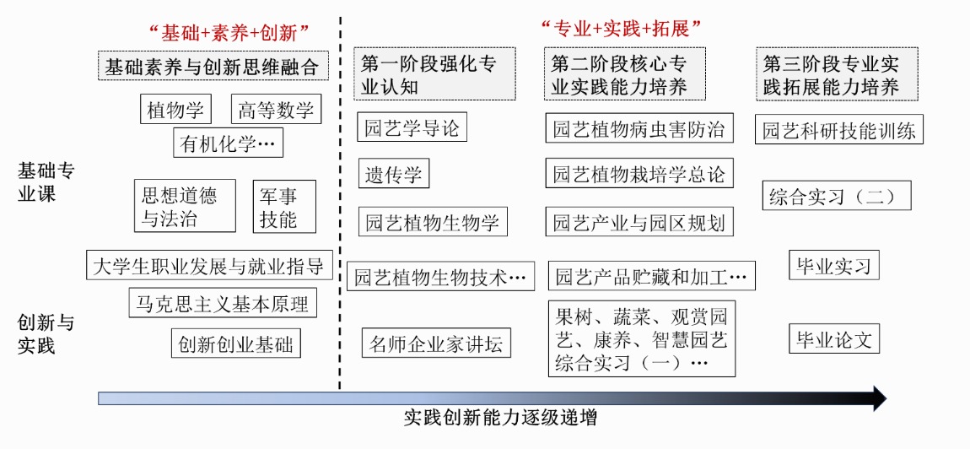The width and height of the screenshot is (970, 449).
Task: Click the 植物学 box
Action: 175,110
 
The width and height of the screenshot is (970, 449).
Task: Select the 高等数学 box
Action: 276,110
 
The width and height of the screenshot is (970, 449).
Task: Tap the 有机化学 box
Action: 228,143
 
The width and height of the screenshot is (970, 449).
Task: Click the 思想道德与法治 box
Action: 185,207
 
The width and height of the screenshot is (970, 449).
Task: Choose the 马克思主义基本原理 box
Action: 223,303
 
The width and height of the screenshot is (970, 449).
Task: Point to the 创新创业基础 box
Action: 234,344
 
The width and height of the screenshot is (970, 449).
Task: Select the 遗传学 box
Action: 393,175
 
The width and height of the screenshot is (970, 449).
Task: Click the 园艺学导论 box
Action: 412,128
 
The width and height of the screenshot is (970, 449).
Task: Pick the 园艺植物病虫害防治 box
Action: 639,129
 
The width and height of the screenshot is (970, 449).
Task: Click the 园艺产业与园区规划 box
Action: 639,222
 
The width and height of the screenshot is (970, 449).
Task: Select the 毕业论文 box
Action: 833,339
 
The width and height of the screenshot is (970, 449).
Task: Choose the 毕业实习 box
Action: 833,266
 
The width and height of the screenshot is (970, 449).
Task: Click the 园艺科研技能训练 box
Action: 838,131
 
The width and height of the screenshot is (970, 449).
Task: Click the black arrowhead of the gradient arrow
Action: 879,398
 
